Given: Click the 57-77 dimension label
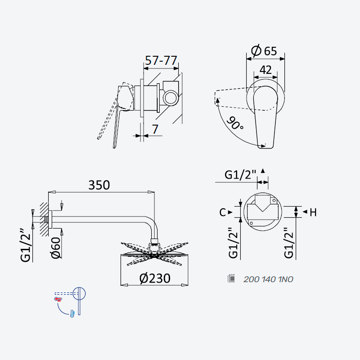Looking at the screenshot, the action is point(161,60).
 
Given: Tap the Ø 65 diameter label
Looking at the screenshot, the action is point(264,51).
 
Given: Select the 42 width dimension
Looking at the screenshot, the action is point(265,70).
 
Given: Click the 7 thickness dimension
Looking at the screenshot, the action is point(155,129).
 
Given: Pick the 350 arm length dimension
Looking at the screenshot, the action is point(99,185).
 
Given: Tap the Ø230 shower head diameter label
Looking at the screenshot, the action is point(155,278).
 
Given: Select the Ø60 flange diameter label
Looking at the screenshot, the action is point(56,248).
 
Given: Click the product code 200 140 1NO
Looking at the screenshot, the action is point(268,279).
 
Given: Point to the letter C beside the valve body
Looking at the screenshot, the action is point(222,212).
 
